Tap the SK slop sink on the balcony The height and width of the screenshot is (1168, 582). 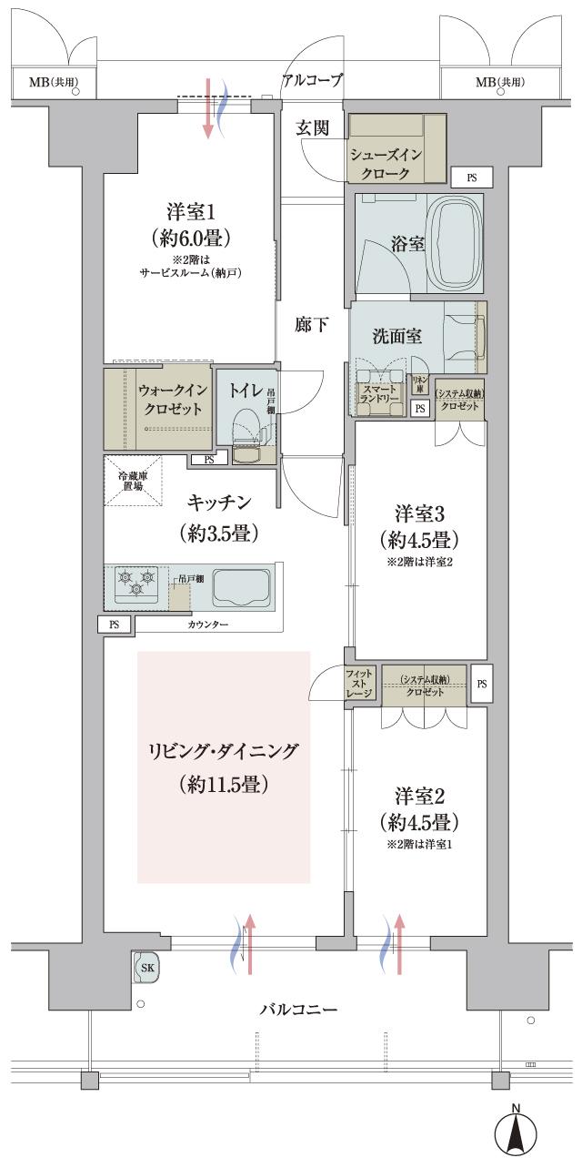pyautogui.click(x=146, y=968)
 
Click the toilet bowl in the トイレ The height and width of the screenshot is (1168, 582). pyautogui.click(x=245, y=424)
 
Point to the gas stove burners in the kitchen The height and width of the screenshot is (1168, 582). pyautogui.click(x=135, y=583)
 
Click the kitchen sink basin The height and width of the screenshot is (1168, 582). pyautogui.click(x=241, y=588)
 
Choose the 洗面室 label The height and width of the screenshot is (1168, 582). pyautogui.click(x=396, y=336)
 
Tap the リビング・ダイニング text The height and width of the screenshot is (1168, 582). pyautogui.click(x=224, y=751)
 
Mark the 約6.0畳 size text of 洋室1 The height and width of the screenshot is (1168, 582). pyautogui.click(x=190, y=239)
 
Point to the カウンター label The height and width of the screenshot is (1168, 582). pyautogui.click(x=208, y=625)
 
